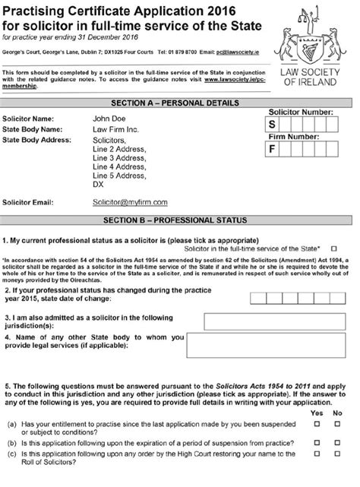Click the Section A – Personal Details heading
click(x=179, y=102)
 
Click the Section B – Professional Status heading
click(x=179, y=221)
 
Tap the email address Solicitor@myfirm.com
click(x=130, y=203)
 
